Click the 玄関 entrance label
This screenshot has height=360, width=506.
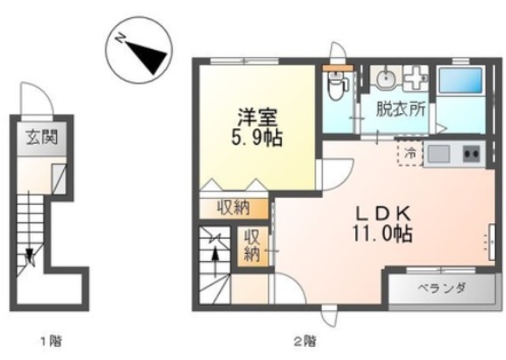(x=42, y=138)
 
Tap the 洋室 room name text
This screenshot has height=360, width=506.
(x=257, y=117)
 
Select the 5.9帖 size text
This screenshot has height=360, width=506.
(x=256, y=138)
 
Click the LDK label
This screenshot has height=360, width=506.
(x=383, y=213)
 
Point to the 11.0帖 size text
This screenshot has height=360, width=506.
(x=383, y=233)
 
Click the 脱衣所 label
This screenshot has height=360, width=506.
(x=401, y=109)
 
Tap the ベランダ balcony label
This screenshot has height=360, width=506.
(x=442, y=287)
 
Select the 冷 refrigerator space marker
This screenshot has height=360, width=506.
(x=411, y=153)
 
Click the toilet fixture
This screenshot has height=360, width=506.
(x=335, y=85)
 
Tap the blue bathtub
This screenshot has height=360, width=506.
(x=460, y=81)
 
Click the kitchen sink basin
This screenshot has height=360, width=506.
(x=438, y=153)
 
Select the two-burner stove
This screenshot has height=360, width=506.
(x=471, y=153)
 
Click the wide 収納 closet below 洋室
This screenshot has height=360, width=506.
(x=234, y=208)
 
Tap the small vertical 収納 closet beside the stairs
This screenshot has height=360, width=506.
(x=253, y=246)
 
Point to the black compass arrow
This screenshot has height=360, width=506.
(x=145, y=55)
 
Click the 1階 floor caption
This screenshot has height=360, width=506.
(x=51, y=341)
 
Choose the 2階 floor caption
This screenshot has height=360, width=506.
(x=305, y=341)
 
